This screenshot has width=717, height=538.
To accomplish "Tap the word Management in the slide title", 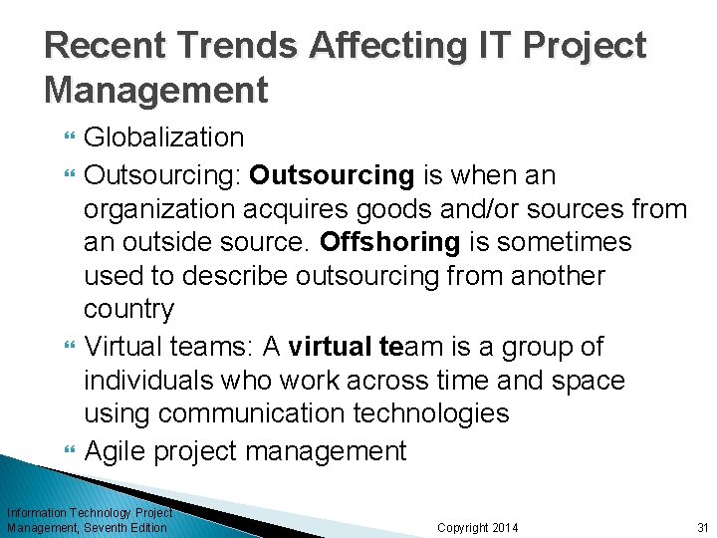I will click(x=156, y=91).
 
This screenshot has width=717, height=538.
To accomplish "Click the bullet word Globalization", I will click(x=163, y=137).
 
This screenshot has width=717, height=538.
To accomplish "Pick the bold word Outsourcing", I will click(x=332, y=175).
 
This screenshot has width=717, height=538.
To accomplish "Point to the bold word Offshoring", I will click(x=390, y=243).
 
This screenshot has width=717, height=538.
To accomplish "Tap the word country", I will click(x=128, y=310).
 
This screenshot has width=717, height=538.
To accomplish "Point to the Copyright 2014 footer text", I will click(x=477, y=527).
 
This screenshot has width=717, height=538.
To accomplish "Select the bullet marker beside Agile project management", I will click(x=69, y=452).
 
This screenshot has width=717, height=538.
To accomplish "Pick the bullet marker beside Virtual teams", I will click(x=69, y=348).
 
